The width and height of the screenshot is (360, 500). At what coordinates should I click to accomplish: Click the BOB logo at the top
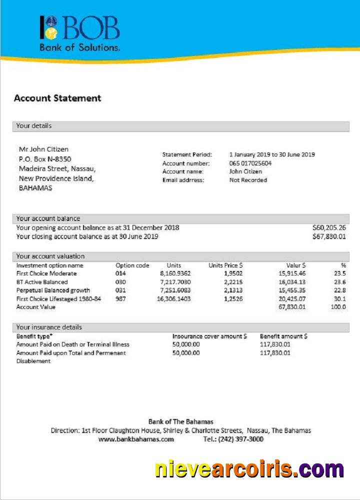tap(80, 32)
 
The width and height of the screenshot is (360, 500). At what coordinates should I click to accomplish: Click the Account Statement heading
tap(57, 98)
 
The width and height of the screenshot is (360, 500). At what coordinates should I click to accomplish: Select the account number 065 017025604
tap(250, 163)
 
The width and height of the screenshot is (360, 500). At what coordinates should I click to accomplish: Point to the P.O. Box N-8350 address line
tap(45, 159)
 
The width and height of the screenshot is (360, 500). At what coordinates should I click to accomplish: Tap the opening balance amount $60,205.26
tap(329, 227)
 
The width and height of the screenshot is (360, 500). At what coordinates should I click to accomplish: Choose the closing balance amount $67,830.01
tap(329, 236)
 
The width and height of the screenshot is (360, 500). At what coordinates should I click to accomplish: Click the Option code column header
tap(132, 265)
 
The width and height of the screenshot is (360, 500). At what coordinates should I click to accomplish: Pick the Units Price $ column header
tap(225, 265)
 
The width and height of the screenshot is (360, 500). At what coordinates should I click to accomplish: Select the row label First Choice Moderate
tap(46, 273)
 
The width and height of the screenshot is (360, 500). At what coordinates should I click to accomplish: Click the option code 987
tap(121, 298)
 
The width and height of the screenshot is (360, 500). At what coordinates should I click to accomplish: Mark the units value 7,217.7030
tap(175, 282)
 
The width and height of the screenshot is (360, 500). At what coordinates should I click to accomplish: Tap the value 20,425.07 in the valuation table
tap(292, 298)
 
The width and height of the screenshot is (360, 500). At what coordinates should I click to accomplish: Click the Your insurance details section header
tap(49, 327)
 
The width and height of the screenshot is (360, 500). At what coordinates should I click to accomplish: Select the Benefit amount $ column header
tap(284, 336)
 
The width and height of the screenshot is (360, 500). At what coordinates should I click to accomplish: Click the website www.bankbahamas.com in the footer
tap(136, 439)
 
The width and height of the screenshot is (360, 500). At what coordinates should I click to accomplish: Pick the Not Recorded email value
tap(248, 180)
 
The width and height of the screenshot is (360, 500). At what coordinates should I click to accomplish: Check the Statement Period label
tap(187, 154)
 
